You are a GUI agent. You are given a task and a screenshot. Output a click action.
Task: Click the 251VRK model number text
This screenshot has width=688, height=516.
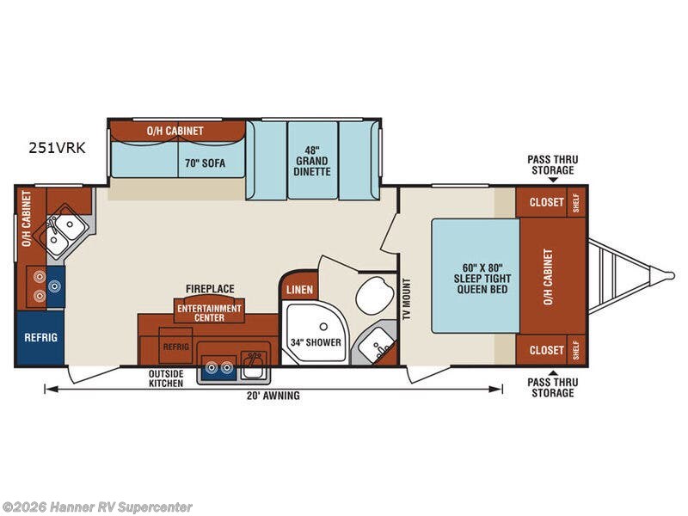57,148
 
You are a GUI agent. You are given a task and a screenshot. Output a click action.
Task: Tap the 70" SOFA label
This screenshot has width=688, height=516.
205,163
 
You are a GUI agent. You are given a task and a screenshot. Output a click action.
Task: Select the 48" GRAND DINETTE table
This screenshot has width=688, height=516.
312,161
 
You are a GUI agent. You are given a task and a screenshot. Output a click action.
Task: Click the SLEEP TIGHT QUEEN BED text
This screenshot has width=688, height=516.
482,284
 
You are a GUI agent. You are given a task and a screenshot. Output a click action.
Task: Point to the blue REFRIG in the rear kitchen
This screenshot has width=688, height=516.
40,338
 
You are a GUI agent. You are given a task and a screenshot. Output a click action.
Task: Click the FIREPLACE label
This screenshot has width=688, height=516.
210,289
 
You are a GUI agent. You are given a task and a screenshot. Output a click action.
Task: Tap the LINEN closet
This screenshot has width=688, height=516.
299,288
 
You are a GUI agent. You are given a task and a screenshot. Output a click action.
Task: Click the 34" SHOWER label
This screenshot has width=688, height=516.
316,342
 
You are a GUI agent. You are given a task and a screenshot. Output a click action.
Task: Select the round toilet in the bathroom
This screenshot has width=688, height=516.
373,295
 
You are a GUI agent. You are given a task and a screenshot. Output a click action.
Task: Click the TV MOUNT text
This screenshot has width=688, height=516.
407,299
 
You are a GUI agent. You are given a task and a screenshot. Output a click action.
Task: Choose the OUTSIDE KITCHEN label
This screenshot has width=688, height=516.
166,378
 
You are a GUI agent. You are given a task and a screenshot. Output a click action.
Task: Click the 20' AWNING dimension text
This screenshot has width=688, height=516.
273,396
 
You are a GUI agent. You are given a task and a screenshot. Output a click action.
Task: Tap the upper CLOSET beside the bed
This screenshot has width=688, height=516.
546,202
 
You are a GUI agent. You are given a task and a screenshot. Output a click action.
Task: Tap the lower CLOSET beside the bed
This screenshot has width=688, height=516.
546,350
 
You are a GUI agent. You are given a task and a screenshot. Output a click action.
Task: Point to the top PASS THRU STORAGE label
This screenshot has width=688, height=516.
552,164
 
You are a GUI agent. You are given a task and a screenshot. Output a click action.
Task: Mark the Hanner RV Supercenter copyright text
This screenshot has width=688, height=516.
96,507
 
